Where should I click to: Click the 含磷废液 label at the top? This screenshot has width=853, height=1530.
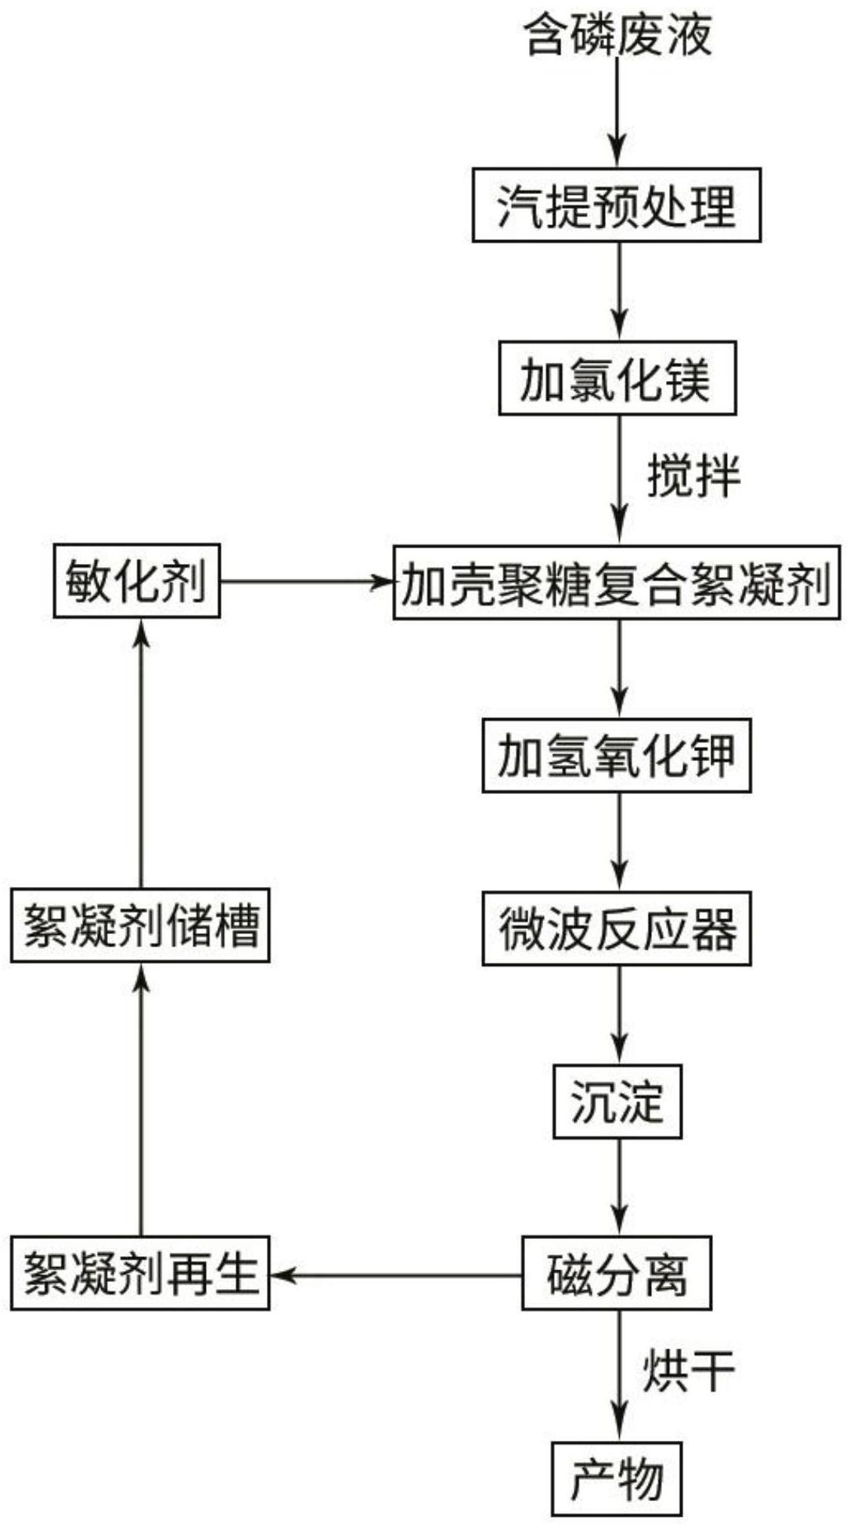click(x=617, y=35)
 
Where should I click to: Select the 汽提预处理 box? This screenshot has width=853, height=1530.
click(x=617, y=205)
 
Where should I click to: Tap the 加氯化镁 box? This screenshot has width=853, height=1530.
click(x=617, y=378)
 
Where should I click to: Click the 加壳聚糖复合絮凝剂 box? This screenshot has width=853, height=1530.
click(x=617, y=583)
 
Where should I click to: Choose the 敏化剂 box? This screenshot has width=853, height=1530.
click(x=137, y=581)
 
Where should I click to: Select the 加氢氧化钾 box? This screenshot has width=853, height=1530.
click(x=617, y=756)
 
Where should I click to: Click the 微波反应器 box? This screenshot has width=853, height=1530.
click(x=617, y=928)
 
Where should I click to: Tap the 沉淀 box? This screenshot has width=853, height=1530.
click(x=617, y=1101)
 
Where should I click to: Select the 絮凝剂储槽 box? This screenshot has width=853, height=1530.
click(x=140, y=925)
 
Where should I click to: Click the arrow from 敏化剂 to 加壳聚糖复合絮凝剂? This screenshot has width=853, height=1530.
click(x=305, y=581)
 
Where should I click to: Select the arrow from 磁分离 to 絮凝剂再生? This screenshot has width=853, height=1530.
click(x=395, y=1275)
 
